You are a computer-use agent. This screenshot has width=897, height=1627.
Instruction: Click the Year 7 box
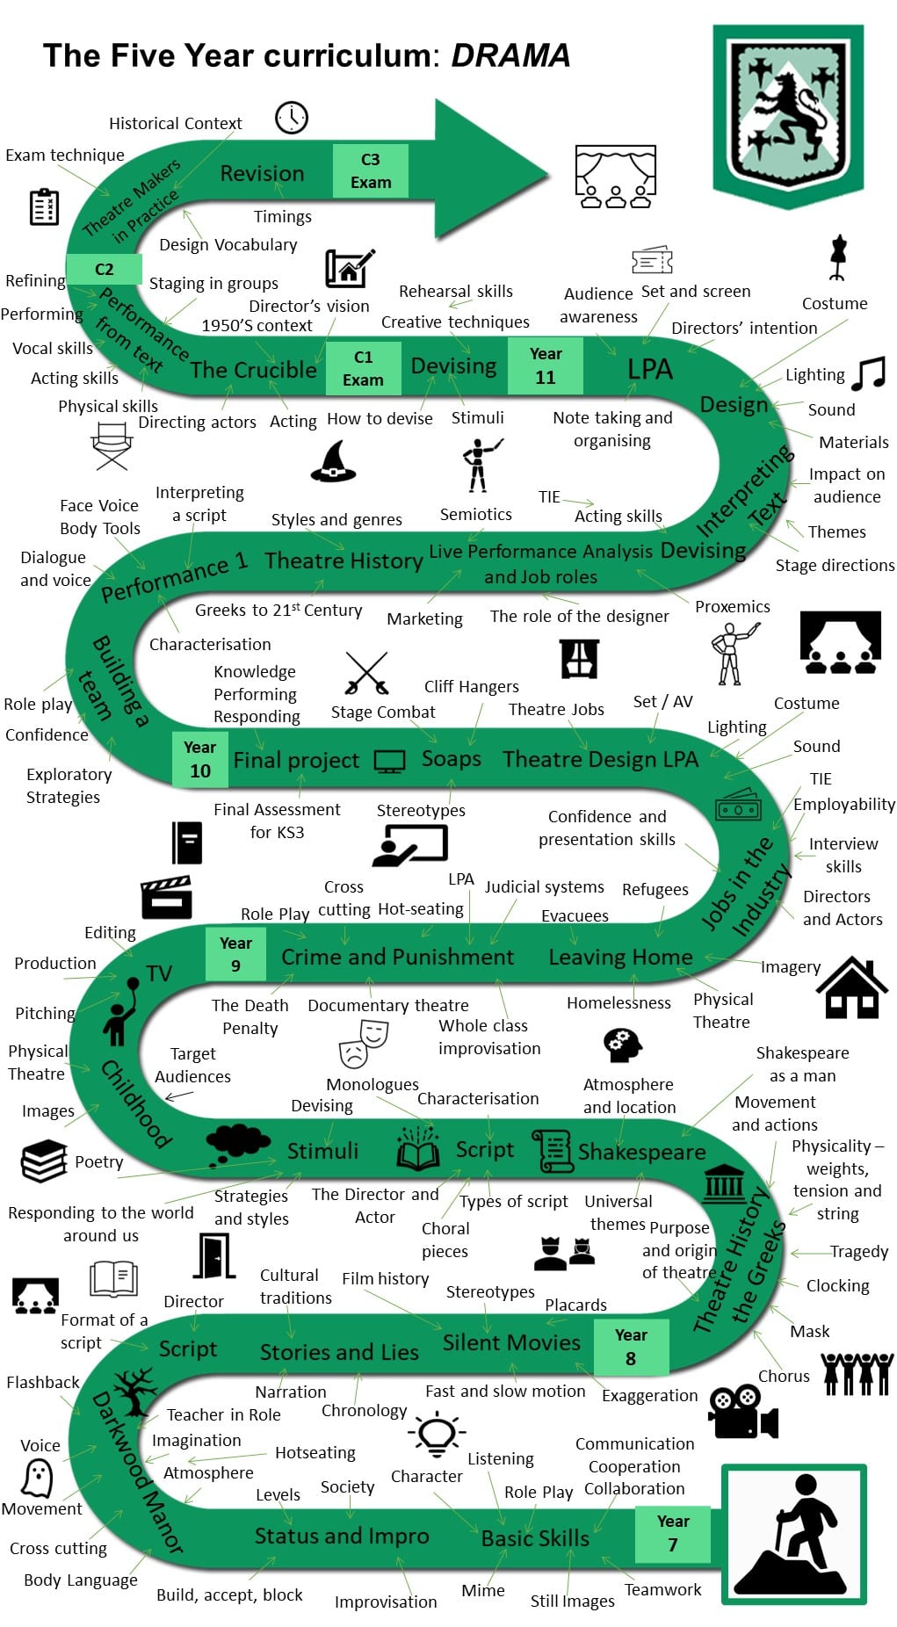(672, 1532)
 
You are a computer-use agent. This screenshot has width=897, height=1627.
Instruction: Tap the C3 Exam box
(371, 170)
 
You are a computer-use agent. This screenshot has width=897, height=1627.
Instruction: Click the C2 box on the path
(105, 269)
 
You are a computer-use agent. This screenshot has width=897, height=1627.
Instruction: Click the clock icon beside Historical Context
(292, 117)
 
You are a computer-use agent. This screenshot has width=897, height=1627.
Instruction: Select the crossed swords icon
(366, 673)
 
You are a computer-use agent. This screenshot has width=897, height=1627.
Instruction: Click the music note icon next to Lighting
(868, 372)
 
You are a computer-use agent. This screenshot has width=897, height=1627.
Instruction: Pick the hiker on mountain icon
(794, 1534)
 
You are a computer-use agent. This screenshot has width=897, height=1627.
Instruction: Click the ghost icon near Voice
(37, 1477)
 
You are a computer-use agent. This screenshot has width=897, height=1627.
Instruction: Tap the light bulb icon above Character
(437, 1436)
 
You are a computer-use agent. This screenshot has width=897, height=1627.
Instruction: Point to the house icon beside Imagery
(852, 987)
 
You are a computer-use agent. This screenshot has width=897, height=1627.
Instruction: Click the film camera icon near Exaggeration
(743, 1412)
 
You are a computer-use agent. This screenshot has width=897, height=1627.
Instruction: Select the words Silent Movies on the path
(511, 1342)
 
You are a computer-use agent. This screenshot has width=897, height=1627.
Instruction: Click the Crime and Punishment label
(397, 957)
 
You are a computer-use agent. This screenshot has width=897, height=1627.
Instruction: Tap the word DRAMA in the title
(510, 55)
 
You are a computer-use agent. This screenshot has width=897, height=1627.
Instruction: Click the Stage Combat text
(383, 712)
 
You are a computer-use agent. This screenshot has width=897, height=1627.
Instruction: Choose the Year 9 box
(235, 954)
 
